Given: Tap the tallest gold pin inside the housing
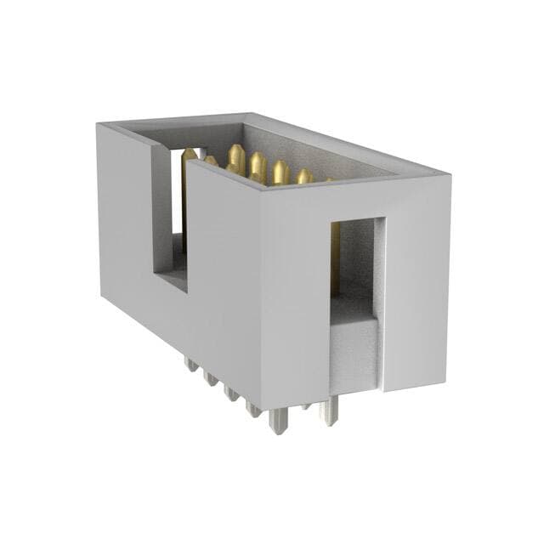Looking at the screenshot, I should (x=235, y=160).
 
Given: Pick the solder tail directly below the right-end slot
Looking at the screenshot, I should (x=328, y=411).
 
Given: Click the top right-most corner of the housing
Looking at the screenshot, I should (x=449, y=177).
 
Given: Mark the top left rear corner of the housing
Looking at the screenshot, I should (x=99, y=124).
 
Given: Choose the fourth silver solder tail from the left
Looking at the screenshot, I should (x=253, y=408).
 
